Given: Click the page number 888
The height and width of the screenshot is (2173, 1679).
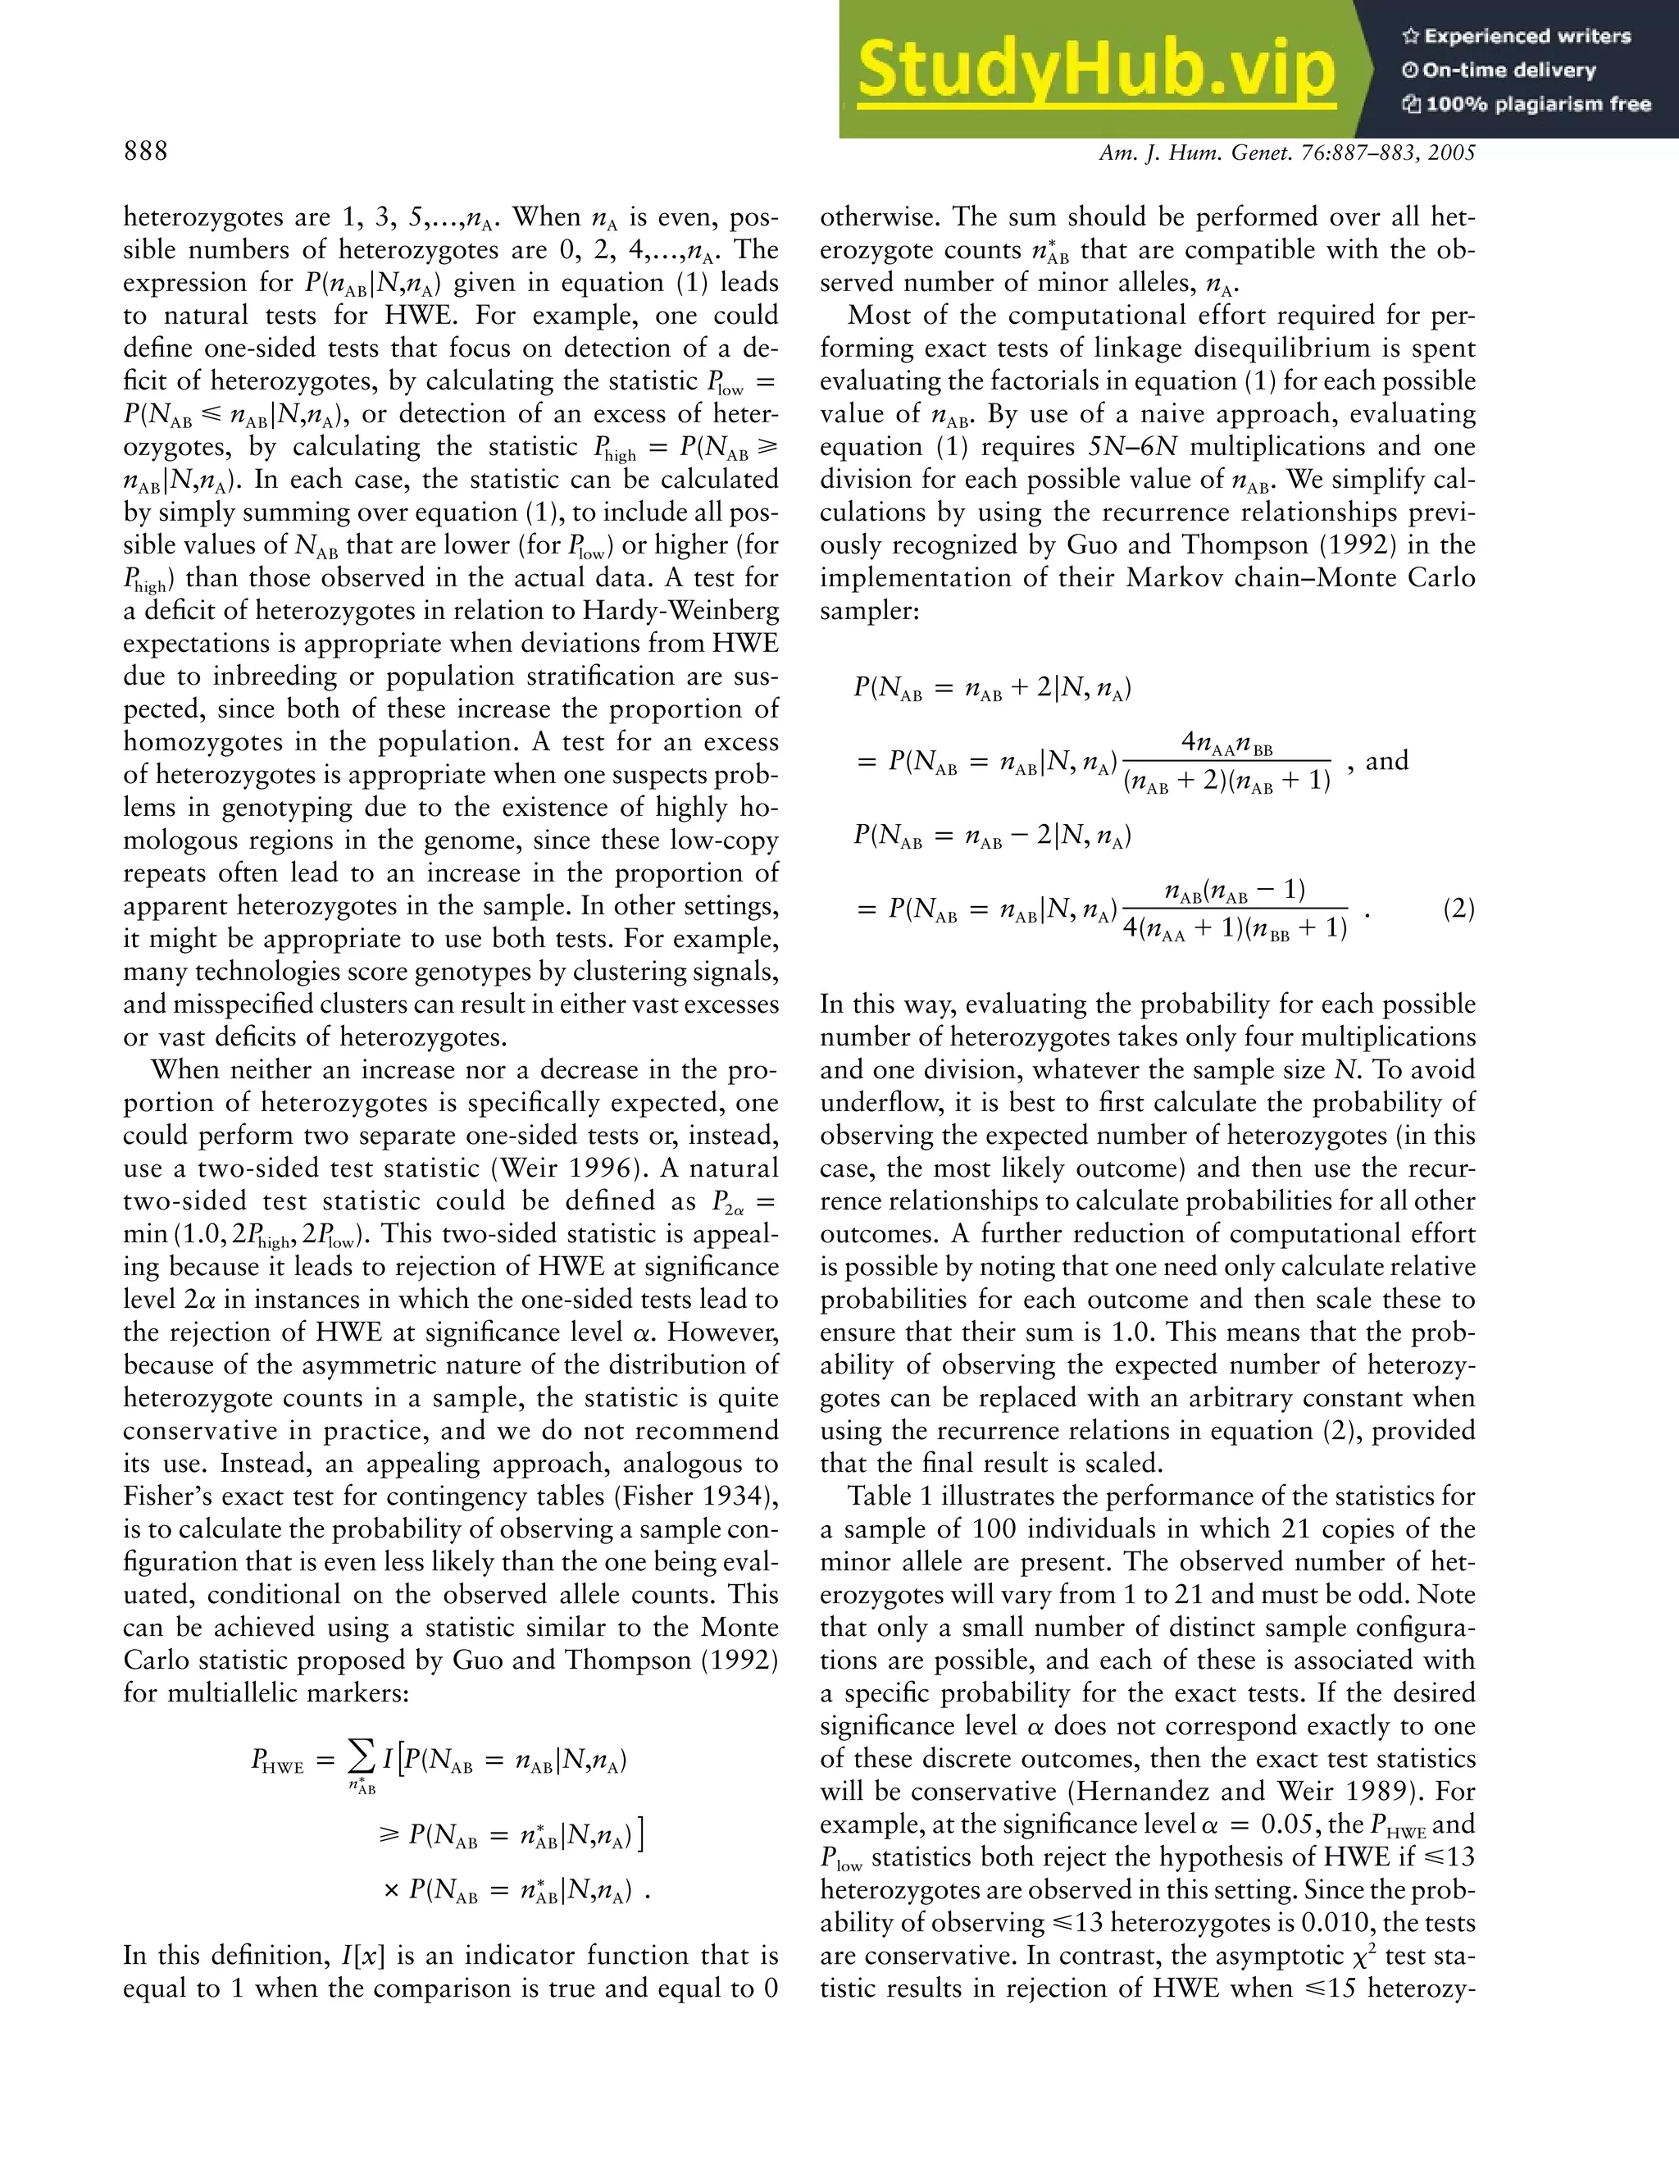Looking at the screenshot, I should click(x=146, y=151).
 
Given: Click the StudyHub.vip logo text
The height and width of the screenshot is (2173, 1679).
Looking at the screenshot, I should click(x=1095, y=71).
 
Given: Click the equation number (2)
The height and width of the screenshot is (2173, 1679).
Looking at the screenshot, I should click(x=1458, y=909).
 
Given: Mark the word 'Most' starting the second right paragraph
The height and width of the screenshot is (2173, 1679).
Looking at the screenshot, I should click(x=876, y=316).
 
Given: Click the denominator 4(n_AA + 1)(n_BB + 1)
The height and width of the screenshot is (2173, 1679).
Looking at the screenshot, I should click(x=1235, y=929).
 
